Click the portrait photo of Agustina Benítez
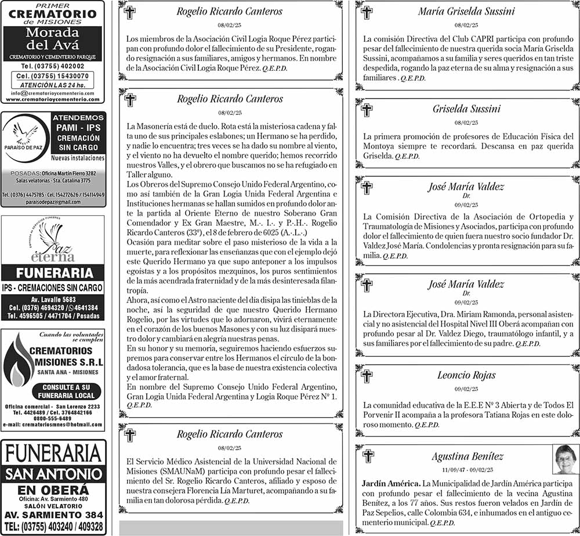[565, 459]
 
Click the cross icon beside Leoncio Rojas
[367, 376]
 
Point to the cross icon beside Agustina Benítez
[368, 456]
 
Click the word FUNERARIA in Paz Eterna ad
[53, 273]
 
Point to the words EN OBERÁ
[53, 490]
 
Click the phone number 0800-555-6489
[53, 418]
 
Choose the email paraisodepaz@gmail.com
[53, 201]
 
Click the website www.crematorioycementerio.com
[53, 99]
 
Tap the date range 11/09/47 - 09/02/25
[467, 469]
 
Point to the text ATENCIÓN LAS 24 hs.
[53, 85]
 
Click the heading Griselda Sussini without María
[466, 109]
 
